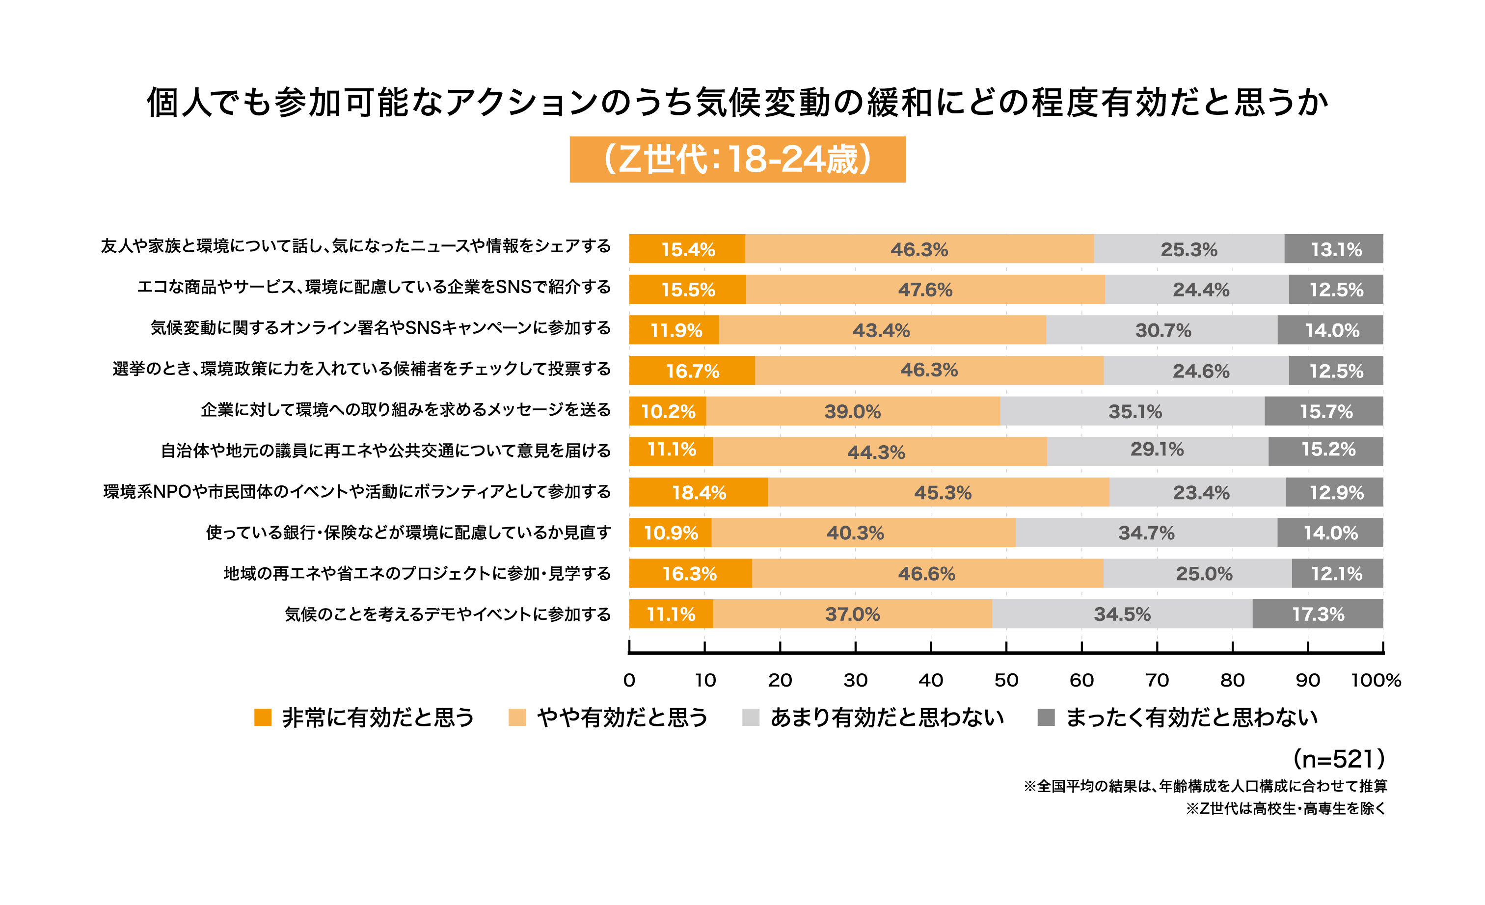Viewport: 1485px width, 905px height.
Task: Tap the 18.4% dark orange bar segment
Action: (x=699, y=492)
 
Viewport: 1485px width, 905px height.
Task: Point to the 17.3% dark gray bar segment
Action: (x=1318, y=614)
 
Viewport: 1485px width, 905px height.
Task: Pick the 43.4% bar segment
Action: (x=882, y=330)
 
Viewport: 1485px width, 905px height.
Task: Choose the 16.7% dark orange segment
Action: (x=692, y=371)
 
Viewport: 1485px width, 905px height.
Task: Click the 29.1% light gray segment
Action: (x=1157, y=451)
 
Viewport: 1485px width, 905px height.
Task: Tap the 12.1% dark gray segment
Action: (x=1337, y=574)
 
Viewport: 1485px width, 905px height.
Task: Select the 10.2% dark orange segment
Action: (x=667, y=412)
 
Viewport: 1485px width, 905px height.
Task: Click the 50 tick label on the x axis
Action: (x=1006, y=680)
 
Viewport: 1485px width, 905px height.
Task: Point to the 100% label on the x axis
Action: (x=1376, y=680)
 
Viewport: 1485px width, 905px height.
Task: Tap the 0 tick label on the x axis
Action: (x=629, y=680)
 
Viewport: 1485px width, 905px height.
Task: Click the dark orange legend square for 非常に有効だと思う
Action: (x=263, y=717)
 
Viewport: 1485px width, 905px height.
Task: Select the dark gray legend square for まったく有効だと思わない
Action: (x=1046, y=717)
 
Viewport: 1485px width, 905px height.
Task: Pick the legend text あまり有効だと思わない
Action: (x=887, y=717)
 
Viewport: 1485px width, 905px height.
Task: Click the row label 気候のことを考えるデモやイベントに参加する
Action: (x=448, y=614)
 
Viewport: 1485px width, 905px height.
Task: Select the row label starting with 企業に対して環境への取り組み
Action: (x=405, y=410)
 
